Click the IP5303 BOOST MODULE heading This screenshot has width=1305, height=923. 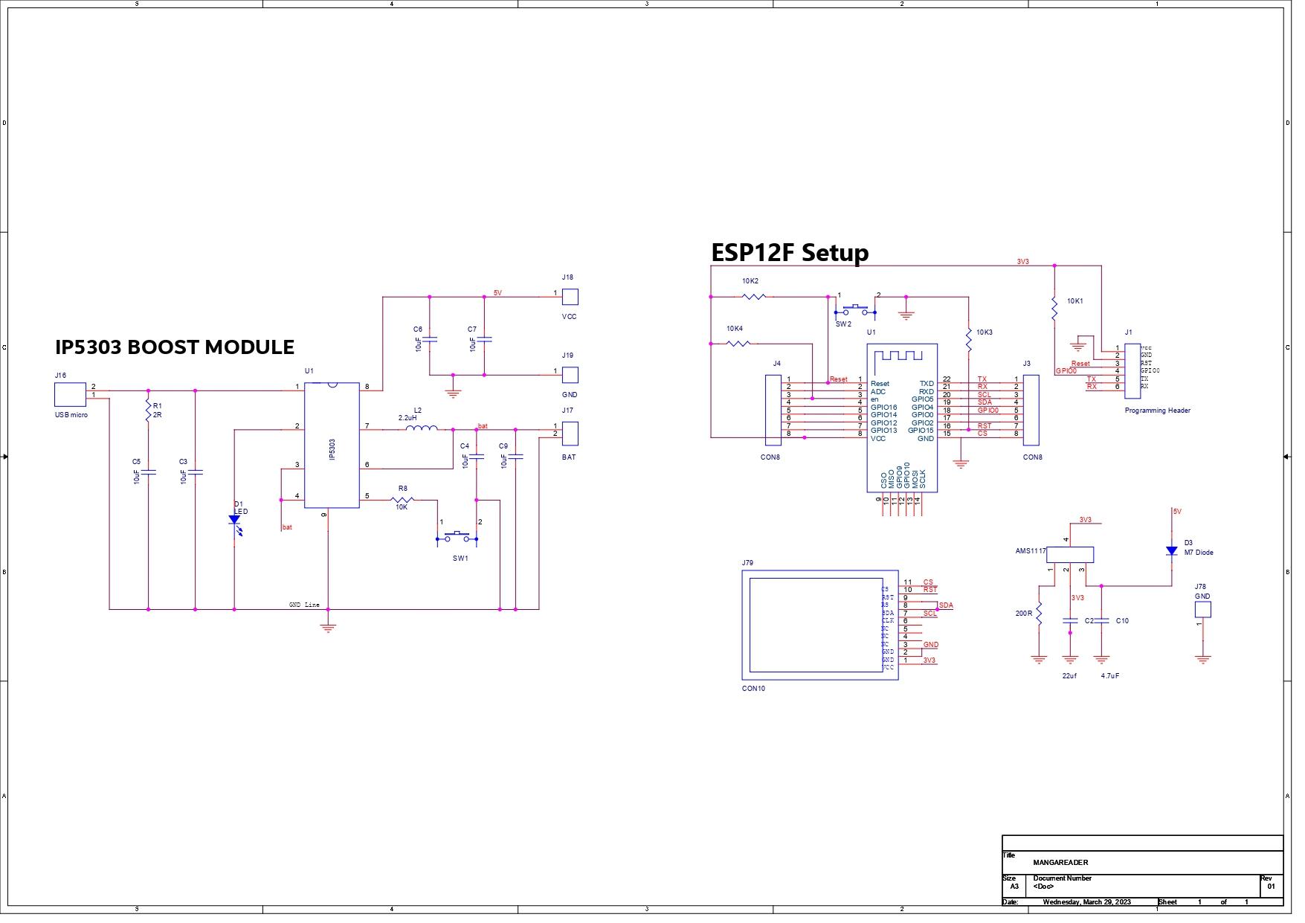tap(175, 347)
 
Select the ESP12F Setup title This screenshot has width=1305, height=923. tap(790, 253)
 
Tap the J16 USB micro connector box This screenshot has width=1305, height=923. tap(70, 395)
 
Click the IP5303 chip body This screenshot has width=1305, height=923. tap(332, 446)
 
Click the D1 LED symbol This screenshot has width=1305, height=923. tap(234, 521)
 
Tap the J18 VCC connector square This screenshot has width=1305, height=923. tap(570, 297)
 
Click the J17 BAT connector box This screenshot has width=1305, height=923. tap(570, 433)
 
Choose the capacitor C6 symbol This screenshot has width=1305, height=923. tap(430, 339)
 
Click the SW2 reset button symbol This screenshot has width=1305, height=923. tap(855, 309)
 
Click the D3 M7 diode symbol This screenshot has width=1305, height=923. tap(1171, 551)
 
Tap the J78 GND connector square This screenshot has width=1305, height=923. tap(1202, 610)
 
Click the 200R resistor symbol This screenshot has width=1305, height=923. tap(1039, 614)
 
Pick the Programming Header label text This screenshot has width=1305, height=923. tap(1157, 411)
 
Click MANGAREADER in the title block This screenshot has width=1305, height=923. tap(1060, 863)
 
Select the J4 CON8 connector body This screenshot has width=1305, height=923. tap(773, 407)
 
